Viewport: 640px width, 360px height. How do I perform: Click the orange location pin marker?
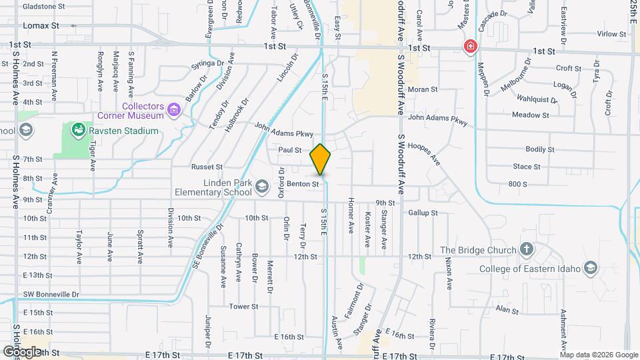tap(321, 159)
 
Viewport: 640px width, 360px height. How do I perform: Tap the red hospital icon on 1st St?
tap(471, 46)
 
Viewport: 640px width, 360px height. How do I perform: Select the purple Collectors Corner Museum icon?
tap(175, 109)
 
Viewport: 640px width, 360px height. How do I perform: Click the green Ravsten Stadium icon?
tap(78, 130)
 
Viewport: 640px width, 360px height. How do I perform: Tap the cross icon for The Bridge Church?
tap(527, 250)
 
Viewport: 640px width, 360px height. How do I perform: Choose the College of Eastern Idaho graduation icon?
tap(589, 269)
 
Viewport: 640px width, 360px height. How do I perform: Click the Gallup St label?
tap(423, 213)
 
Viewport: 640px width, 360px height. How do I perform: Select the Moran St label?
tap(423, 89)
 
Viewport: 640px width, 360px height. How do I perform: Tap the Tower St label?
tap(243, 307)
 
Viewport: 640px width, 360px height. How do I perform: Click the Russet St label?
tap(206, 167)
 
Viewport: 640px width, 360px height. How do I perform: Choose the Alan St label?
tap(507, 310)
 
